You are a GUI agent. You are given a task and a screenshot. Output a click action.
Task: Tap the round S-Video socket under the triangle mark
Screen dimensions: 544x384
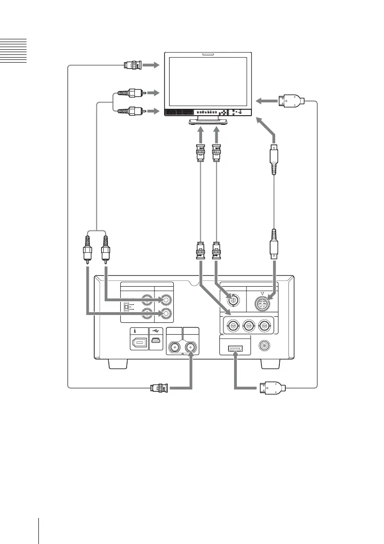click(x=262, y=302)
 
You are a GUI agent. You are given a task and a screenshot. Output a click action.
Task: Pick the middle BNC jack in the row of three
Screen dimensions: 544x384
click(x=248, y=326)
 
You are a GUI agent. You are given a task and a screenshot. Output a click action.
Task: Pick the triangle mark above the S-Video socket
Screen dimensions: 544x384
click(x=262, y=289)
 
